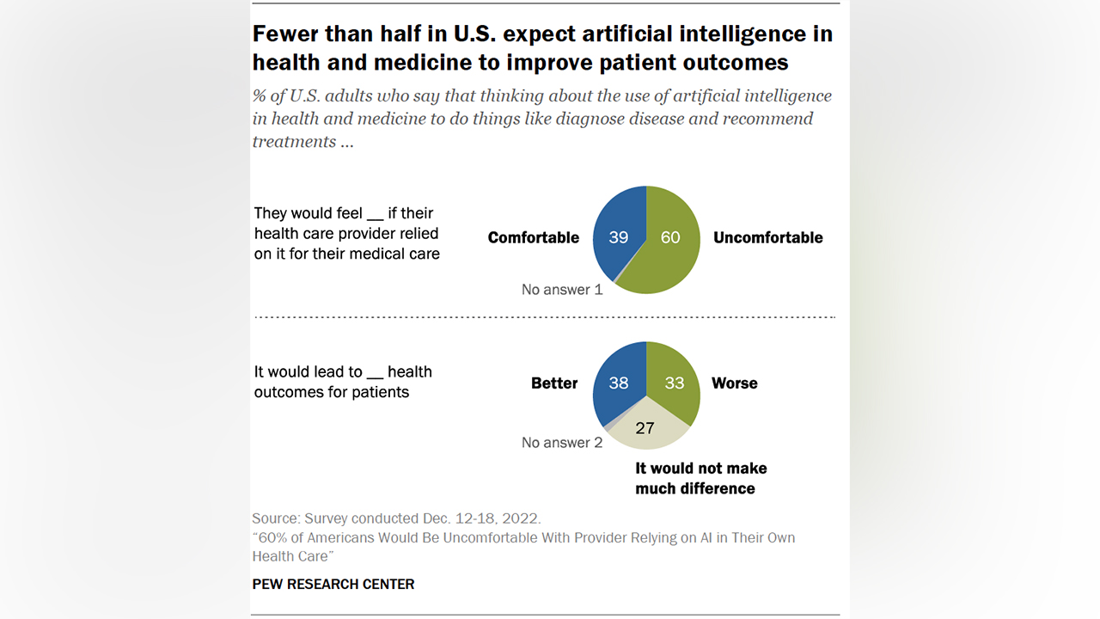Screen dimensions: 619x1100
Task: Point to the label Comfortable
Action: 533,238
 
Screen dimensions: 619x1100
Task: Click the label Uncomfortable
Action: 767,238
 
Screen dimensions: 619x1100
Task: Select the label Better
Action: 554,383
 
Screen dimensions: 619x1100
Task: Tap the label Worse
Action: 734,383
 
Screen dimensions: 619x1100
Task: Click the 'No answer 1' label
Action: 562,290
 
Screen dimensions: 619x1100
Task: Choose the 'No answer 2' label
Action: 562,443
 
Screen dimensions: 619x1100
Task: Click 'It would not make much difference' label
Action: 700,479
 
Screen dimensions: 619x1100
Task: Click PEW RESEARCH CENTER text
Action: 333,584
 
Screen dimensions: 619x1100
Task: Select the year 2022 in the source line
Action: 522,518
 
